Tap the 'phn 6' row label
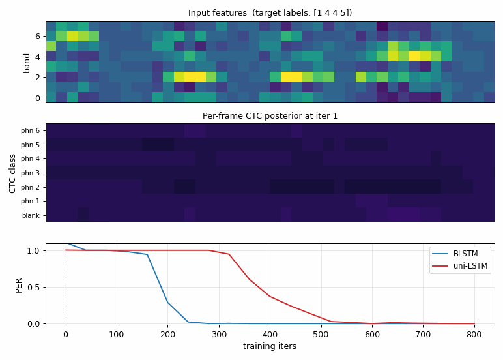30,130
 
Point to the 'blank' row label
31,215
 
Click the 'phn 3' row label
30,173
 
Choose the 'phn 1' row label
30,201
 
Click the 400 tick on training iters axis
270,335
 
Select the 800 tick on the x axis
474,335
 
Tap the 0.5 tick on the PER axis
34,287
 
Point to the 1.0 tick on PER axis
34,251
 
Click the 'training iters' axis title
270,346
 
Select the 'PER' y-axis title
19,286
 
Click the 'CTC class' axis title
12,173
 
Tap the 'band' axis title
26,63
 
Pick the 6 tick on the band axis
38,37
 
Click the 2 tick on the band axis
38,78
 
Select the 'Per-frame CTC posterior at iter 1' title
270,116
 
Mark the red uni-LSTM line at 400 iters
270,296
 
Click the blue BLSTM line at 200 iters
167,303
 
